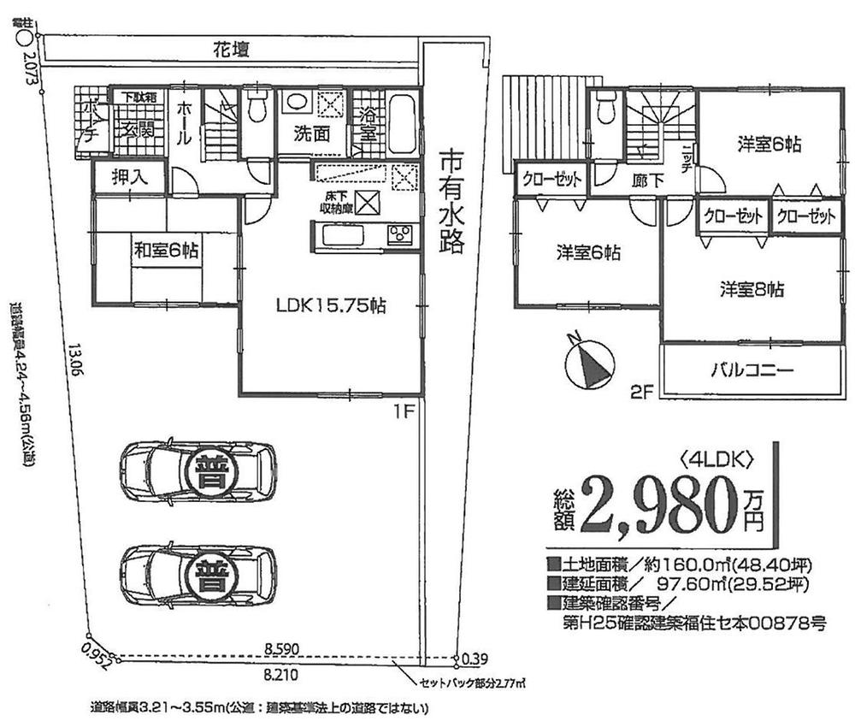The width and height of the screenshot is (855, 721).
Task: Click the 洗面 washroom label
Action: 313,133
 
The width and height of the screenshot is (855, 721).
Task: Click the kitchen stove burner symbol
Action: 400,234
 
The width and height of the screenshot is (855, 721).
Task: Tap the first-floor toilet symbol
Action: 255,109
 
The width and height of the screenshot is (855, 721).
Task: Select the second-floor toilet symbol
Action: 606,109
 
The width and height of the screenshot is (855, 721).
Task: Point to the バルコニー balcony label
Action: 752,370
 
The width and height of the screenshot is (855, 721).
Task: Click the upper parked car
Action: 198,471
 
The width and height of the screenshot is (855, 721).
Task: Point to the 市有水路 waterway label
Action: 451,204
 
